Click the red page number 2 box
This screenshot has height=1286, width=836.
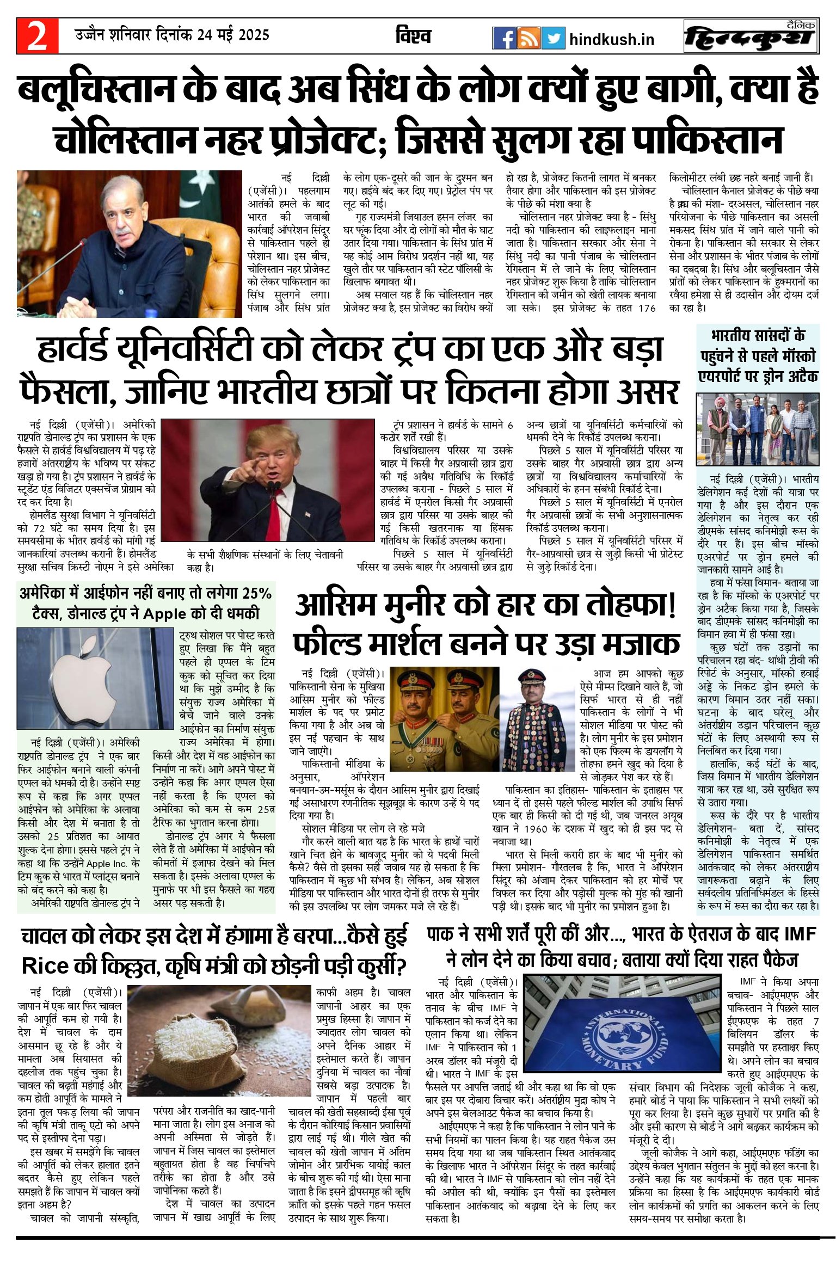[37, 36]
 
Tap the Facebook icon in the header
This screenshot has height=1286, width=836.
[504, 38]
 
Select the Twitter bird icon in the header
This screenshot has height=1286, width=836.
[553, 38]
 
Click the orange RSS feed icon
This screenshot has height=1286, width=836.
[528, 38]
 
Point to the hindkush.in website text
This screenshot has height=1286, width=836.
[611, 40]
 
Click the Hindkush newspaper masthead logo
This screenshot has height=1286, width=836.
[751, 36]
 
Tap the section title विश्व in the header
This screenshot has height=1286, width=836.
[413, 36]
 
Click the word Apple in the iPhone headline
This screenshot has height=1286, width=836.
[164, 613]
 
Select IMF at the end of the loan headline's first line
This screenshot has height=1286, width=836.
[800, 934]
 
